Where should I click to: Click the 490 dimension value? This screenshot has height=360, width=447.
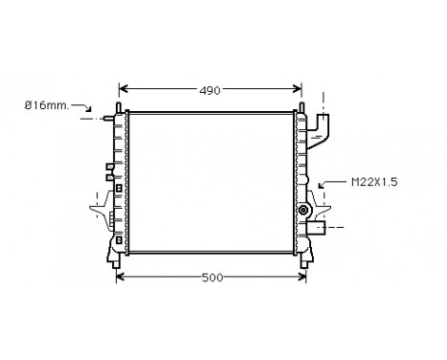(210, 90)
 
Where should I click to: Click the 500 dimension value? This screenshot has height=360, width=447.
(212, 278)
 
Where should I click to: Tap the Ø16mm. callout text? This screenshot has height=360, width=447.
(44, 105)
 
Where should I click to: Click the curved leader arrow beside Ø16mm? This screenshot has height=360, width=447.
(88, 111)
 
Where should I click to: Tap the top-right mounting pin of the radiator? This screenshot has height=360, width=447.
(302, 104)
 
